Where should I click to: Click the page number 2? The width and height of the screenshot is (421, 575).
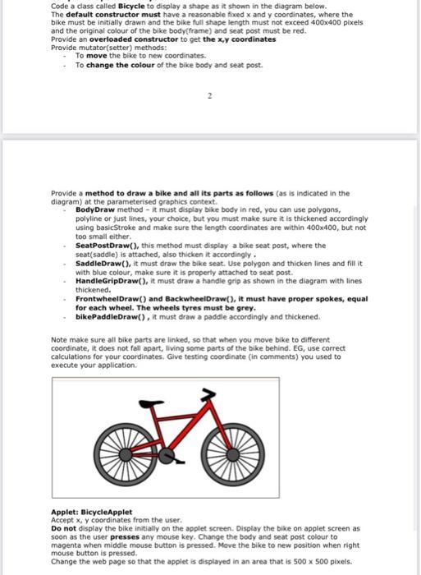[209, 96]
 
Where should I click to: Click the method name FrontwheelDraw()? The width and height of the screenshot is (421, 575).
[108, 298]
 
